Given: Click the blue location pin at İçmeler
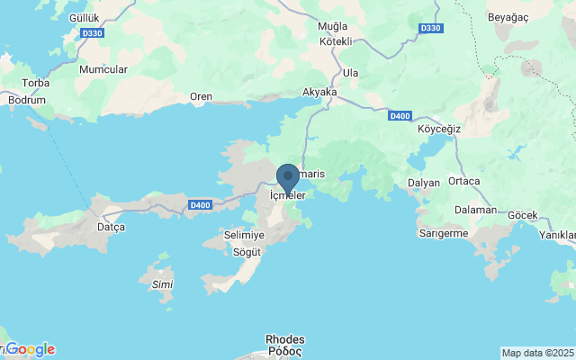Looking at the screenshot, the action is click(x=287, y=177).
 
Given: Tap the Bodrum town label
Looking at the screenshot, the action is click(x=28, y=100).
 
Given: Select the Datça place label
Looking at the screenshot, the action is click(x=111, y=227).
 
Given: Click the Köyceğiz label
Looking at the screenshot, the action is click(x=440, y=129).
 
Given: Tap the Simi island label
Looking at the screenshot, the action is click(x=163, y=284).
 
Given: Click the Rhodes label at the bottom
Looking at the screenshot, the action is click(x=285, y=340).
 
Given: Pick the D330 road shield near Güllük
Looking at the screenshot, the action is click(x=92, y=33).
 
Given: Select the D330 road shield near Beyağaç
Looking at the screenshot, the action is click(x=430, y=28).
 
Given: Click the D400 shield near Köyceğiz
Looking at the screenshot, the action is click(x=400, y=116).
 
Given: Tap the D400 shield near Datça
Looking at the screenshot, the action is click(x=201, y=205).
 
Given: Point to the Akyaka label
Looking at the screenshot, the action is click(x=319, y=92).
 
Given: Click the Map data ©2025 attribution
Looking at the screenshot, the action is click(x=537, y=353).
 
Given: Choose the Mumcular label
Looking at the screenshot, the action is click(x=103, y=69).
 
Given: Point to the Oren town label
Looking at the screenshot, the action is click(x=201, y=96).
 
